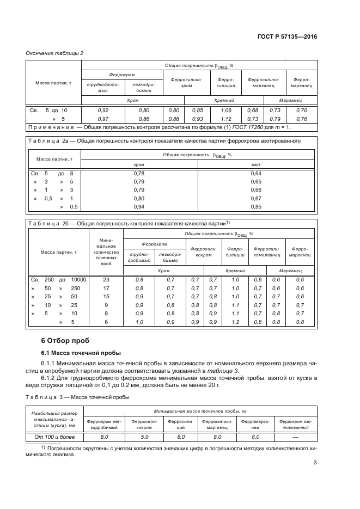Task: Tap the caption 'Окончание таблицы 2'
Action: pos(54,53)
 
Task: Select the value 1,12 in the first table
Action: pos(225,118)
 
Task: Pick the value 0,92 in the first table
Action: pos(102,110)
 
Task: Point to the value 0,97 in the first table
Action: pos(102,118)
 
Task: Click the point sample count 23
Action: pos(106,279)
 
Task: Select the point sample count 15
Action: pos(106,296)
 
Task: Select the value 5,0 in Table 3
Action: pos(144,437)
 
